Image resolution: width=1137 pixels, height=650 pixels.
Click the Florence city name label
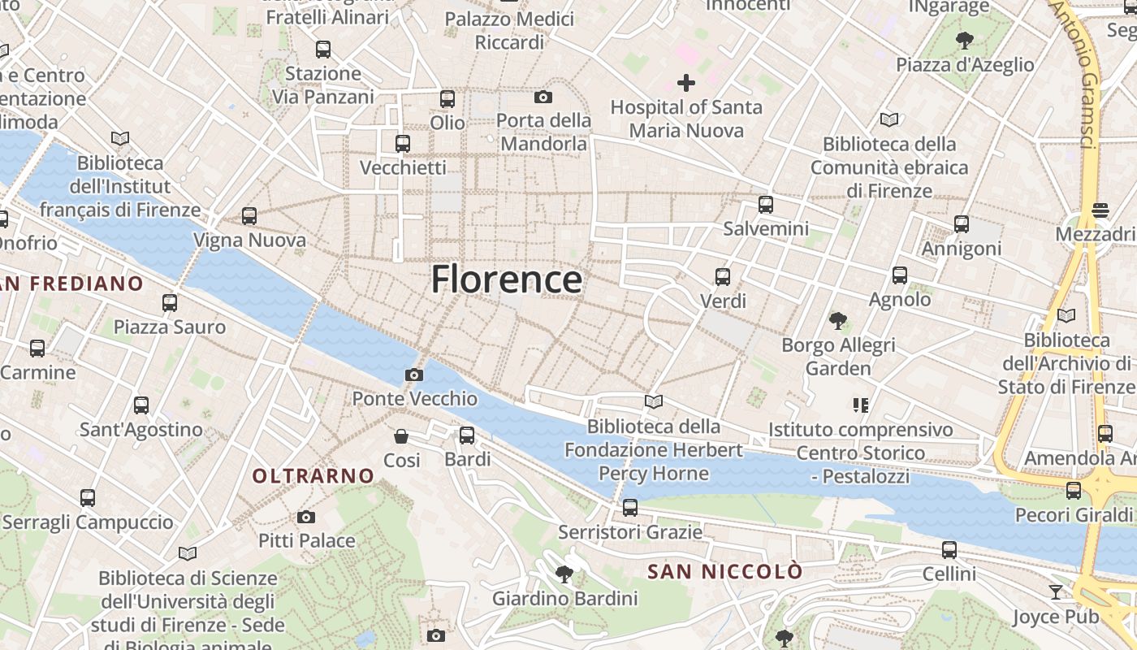506,279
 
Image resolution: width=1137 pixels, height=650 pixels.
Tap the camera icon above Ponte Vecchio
414,375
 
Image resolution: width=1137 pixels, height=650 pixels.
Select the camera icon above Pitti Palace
306,517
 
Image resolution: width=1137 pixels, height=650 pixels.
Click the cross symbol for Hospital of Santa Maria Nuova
686,83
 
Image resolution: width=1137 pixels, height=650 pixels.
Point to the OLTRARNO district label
313,476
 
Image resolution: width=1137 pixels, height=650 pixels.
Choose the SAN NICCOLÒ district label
724,572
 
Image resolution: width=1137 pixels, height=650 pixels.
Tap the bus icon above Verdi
723,277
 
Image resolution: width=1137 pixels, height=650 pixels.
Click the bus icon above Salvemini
765,205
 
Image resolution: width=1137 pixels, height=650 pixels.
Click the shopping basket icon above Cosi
401,436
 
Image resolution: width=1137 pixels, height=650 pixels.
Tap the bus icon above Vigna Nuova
249,216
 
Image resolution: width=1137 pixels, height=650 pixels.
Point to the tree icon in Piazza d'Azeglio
965,40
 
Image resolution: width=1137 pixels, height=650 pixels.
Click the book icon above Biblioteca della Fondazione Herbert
654,401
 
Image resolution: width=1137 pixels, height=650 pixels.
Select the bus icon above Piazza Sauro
170,303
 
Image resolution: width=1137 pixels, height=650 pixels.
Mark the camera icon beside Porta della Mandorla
543,97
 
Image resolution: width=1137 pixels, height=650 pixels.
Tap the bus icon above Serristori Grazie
630,509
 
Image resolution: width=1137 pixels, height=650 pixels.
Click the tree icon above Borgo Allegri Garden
838,321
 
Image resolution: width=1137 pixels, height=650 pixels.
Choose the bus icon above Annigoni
962,224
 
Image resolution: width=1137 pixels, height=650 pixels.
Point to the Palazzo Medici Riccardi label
509,30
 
